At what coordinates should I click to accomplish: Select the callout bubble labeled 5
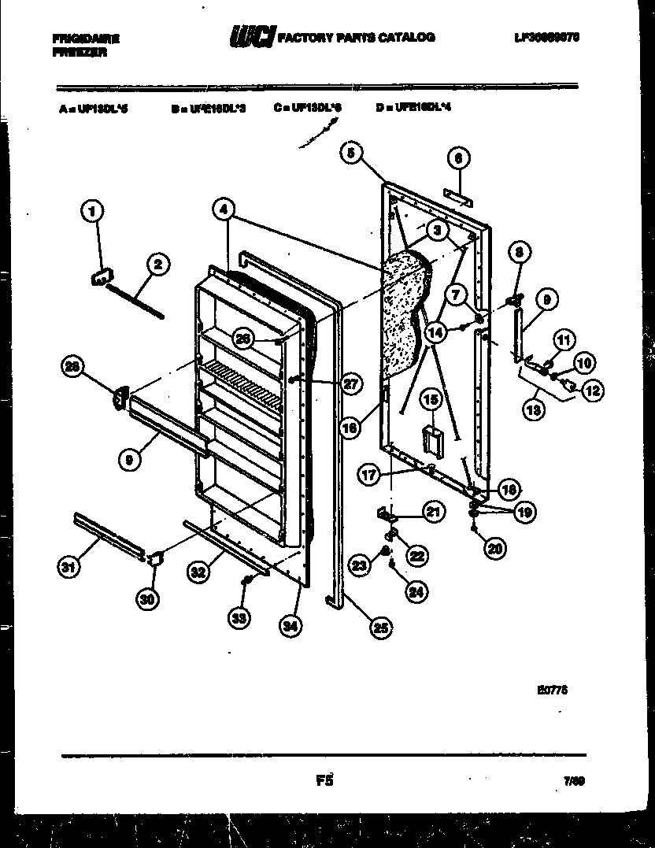pyautogui.click(x=353, y=153)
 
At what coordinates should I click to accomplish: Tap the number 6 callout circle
pyautogui.click(x=458, y=158)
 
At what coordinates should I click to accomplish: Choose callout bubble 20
pyautogui.click(x=494, y=549)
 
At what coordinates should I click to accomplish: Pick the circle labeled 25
pyautogui.click(x=381, y=627)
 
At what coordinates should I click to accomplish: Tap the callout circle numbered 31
pyautogui.click(x=68, y=565)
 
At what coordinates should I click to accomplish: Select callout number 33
pyautogui.click(x=239, y=618)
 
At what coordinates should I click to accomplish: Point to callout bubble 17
pyautogui.click(x=368, y=475)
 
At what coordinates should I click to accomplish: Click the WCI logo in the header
pyautogui.click(x=251, y=38)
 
